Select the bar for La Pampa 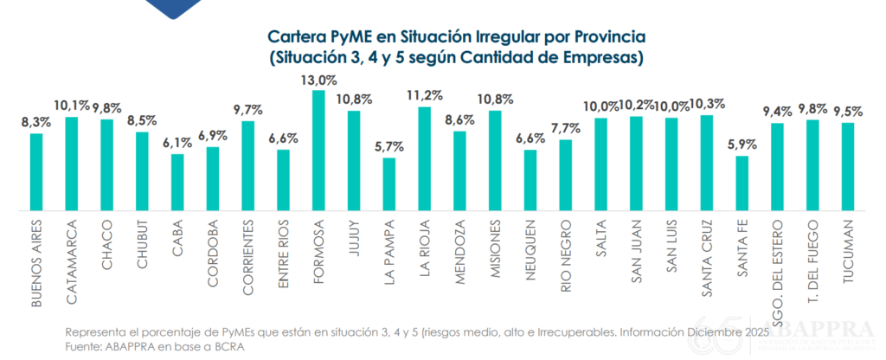[389, 183]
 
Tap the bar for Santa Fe [742, 183]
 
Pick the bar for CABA [177, 182]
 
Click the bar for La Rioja [424, 158]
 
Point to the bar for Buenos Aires [36, 171]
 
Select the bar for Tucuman [848, 166]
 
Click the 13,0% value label [318, 80]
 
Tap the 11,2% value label [425, 96]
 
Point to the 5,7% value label [389, 147]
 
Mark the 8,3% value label [36, 123]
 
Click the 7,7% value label [566, 129]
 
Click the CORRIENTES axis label [248, 257]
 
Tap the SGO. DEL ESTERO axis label [777, 267]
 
